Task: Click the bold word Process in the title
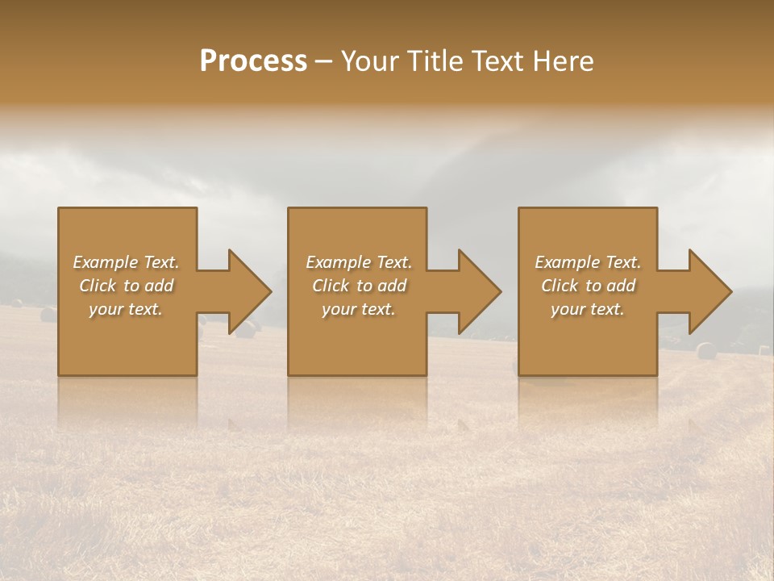(x=253, y=61)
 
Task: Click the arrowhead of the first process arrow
(x=250, y=291)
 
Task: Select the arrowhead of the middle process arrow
(x=480, y=291)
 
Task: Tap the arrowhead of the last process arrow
(x=710, y=291)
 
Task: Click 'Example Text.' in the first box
(x=126, y=262)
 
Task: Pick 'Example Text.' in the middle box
(x=359, y=262)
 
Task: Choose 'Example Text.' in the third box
(x=588, y=262)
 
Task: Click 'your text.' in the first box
(x=126, y=309)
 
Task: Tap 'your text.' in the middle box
(x=359, y=309)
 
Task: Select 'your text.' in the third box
(x=588, y=309)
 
